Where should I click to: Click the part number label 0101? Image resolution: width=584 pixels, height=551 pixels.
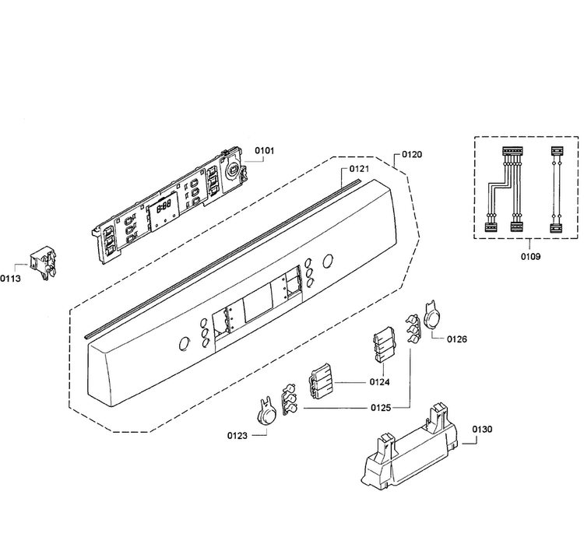click(x=265, y=151)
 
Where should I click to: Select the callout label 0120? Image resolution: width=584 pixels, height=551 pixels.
click(x=412, y=155)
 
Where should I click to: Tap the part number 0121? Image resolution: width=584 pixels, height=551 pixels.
click(x=359, y=169)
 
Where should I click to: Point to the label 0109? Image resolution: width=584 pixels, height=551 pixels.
click(x=530, y=257)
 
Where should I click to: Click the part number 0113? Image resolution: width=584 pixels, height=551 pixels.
click(x=10, y=279)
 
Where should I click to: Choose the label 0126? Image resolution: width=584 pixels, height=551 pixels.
click(x=456, y=339)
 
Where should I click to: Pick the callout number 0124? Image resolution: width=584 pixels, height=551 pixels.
click(x=379, y=382)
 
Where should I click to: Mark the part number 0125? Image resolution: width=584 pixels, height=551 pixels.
click(x=381, y=408)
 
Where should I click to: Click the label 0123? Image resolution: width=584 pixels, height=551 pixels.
click(x=237, y=436)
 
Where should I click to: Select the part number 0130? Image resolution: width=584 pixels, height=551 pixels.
click(x=482, y=430)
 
